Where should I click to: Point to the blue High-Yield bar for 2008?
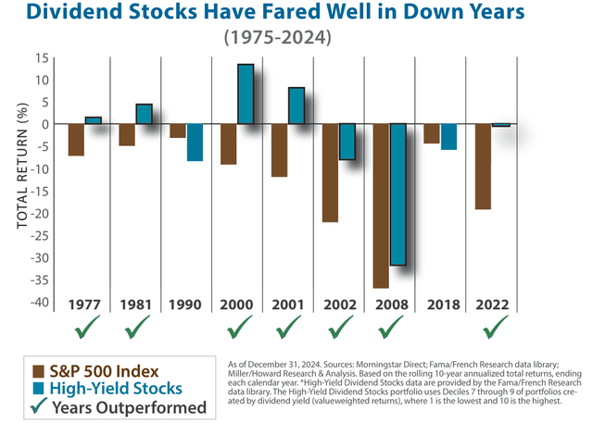tap(397, 194)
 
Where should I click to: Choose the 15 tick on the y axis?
tap(42, 57)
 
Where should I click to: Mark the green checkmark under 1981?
tap(136, 328)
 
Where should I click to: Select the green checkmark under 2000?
tap(238, 328)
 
